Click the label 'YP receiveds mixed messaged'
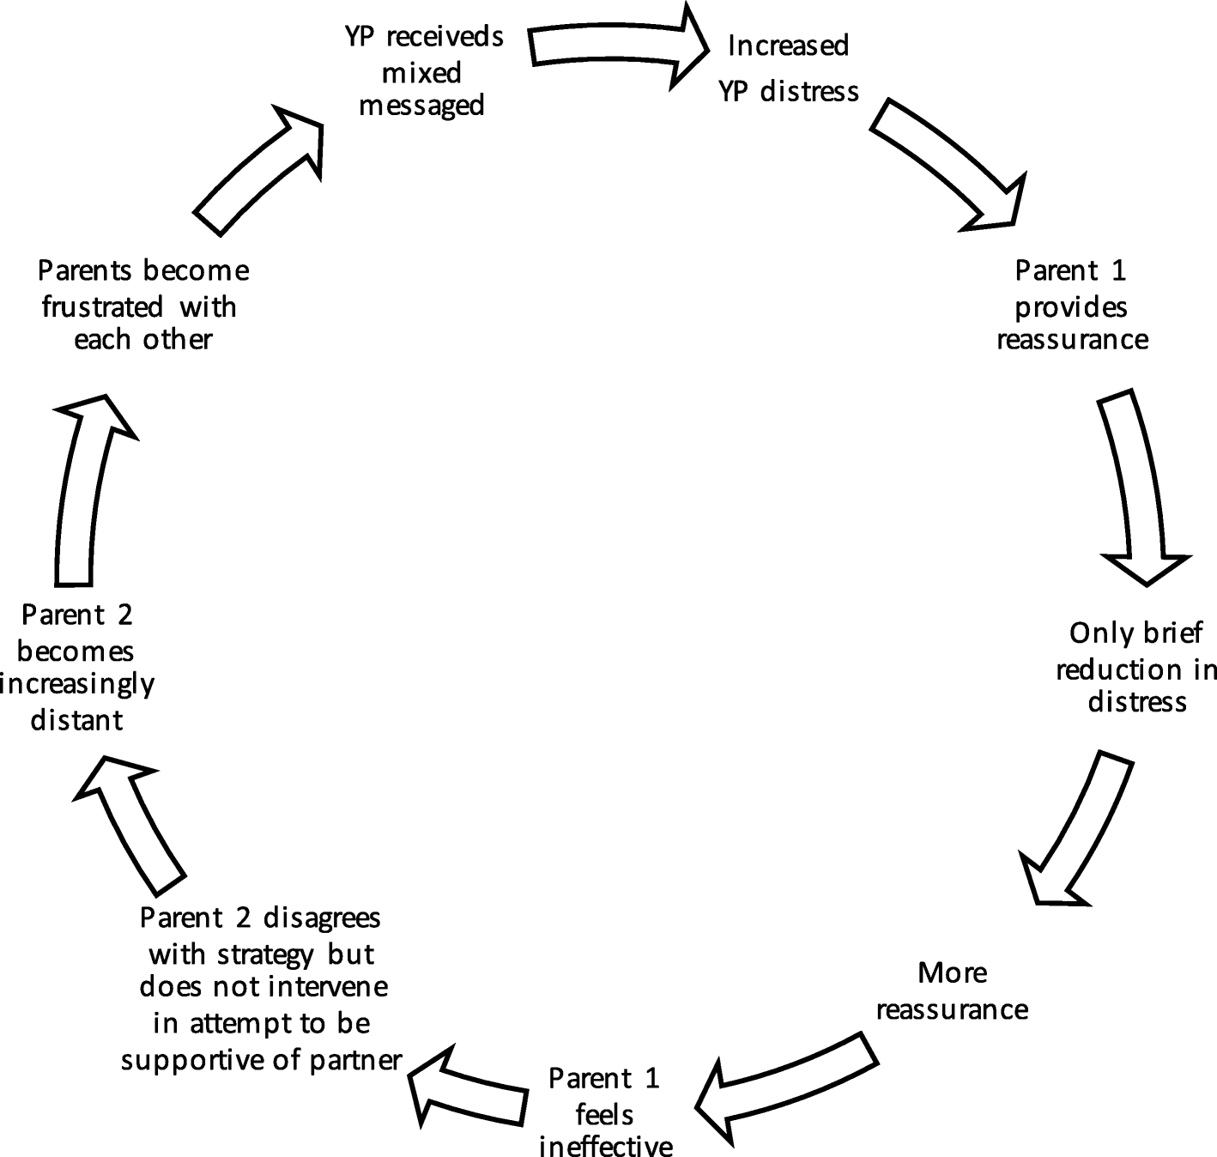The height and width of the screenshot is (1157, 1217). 423,71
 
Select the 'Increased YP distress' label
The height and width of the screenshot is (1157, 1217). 788,69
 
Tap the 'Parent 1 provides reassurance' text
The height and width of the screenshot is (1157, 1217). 1072,306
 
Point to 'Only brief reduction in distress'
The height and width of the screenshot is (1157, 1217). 1135,668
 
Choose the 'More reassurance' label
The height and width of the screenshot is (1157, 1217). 952,990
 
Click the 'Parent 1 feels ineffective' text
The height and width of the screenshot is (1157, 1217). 605,1112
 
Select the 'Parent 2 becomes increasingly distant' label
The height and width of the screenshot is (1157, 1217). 77,667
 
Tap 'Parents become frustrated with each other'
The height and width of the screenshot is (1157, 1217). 143,306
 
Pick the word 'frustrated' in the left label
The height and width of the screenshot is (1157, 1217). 102,306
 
